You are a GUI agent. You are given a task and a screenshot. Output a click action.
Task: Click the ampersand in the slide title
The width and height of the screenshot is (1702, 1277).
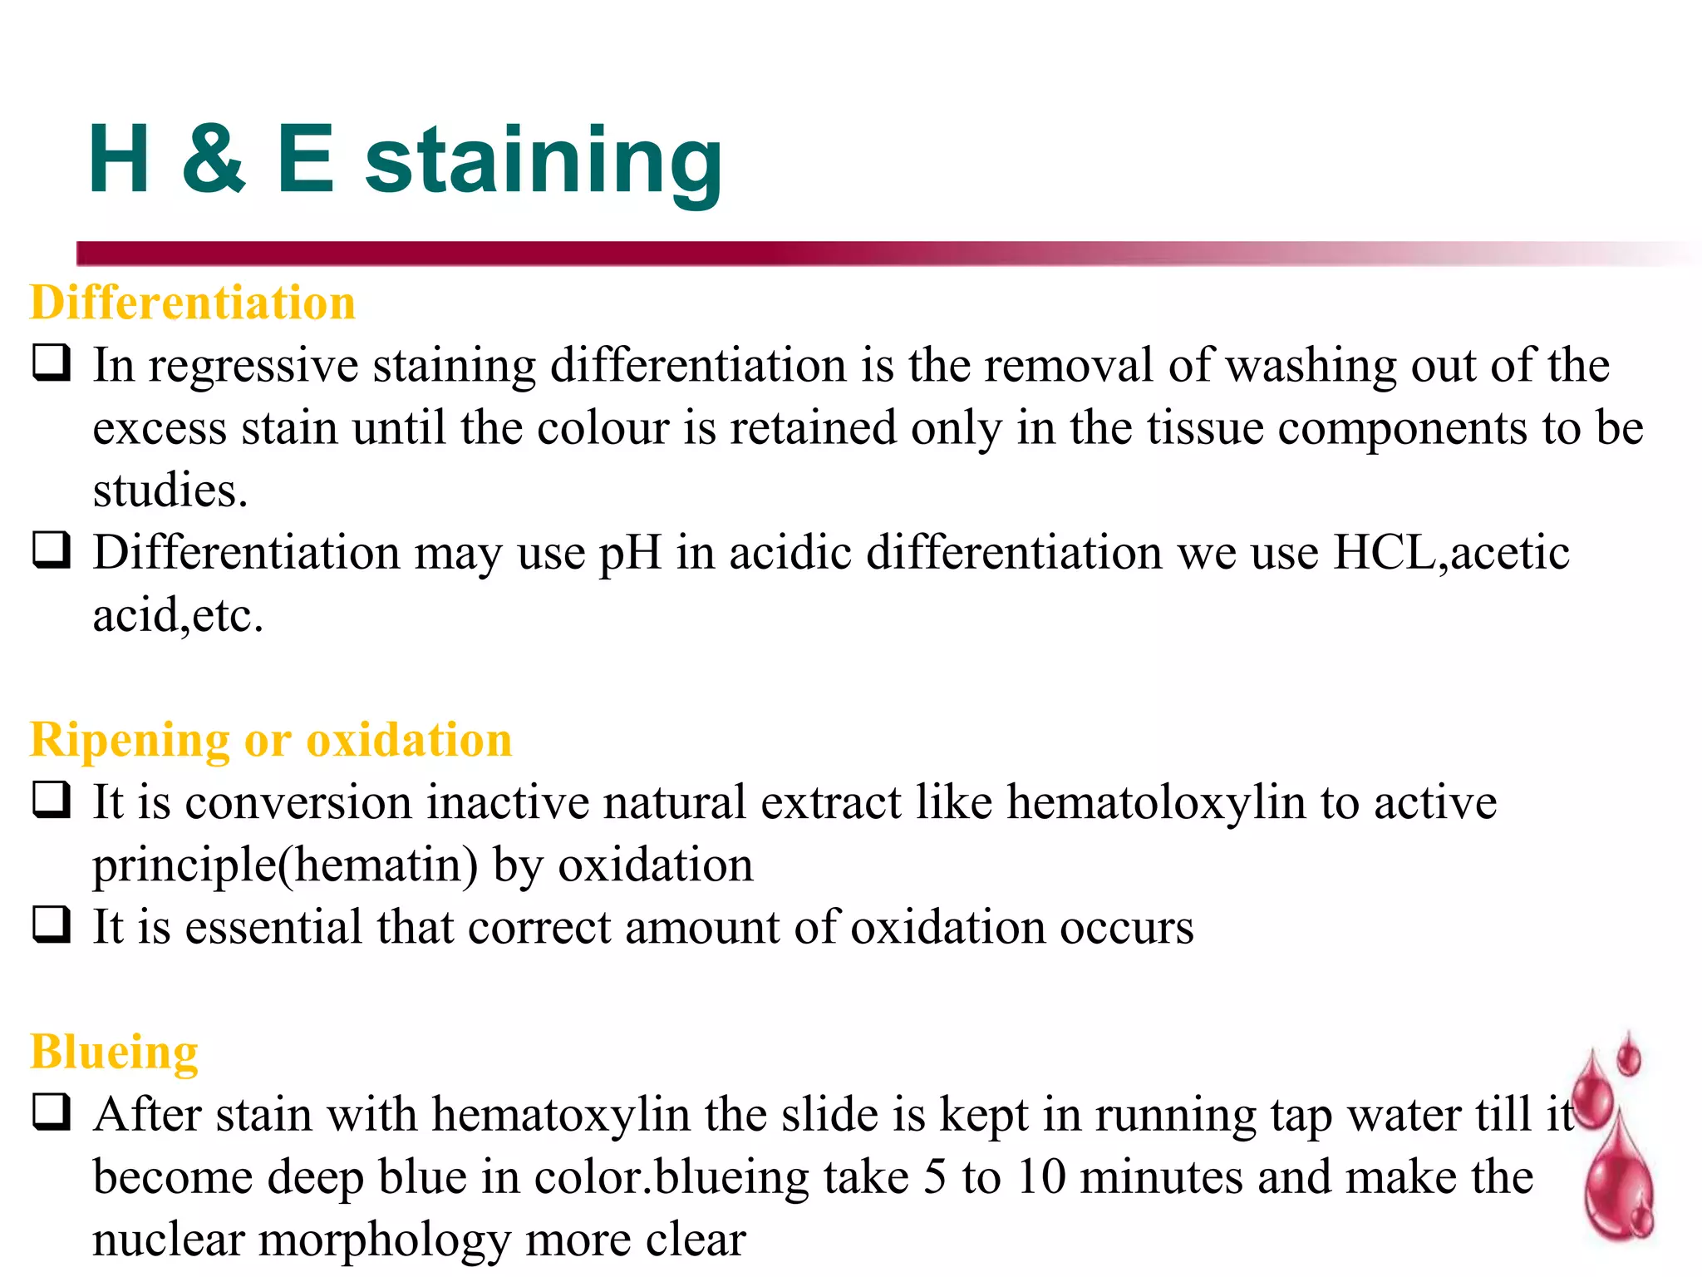click(214, 159)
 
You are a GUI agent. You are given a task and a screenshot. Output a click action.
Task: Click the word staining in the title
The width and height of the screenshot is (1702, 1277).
click(544, 162)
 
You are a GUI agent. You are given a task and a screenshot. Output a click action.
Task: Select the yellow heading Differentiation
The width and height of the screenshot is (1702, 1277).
click(193, 302)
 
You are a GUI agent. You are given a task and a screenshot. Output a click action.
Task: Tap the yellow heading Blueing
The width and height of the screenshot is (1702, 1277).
click(115, 1052)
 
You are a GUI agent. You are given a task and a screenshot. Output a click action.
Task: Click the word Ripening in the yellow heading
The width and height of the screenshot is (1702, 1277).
click(130, 740)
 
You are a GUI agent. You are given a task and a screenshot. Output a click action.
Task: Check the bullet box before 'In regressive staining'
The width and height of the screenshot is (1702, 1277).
click(52, 363)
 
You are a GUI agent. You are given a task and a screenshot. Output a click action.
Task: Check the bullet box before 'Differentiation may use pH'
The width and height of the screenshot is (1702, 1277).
click(52, 550)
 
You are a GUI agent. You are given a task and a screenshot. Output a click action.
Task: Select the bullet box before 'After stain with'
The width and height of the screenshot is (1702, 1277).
click(52, 1112)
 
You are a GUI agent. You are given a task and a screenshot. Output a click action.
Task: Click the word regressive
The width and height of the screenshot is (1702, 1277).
click(253, 366)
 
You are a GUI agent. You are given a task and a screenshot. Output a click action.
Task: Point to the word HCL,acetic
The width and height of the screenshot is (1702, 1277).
click(1451, 552)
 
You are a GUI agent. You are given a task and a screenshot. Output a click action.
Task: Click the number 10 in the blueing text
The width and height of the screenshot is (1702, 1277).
click(1041, 1177)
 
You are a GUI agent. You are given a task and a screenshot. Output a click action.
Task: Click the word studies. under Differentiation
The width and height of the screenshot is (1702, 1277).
click(170, 491)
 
